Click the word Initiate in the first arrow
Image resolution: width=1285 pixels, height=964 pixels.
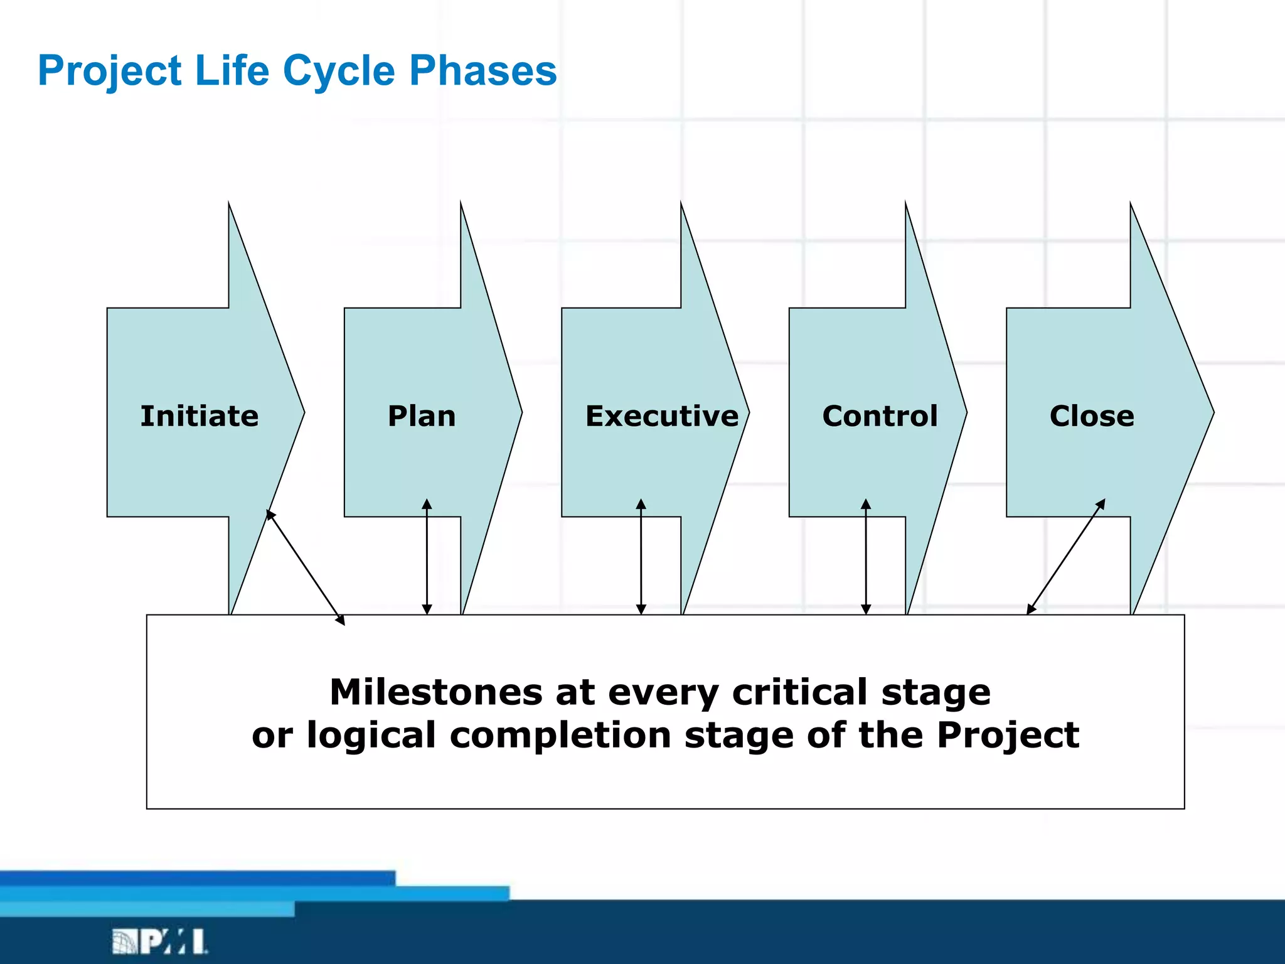[199, 416]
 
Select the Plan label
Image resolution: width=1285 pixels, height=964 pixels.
[422, 416]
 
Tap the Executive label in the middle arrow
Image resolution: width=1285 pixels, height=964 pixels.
[662, 416]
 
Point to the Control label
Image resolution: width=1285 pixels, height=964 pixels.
[880, 416]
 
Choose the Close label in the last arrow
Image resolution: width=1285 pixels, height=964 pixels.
[1092, 416]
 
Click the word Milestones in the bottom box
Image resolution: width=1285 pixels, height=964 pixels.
[435, 692]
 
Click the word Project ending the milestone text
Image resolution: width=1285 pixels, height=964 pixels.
[1008, 735]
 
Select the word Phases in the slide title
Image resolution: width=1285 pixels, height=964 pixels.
[483, 70]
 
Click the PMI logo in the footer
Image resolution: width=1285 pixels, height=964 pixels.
[160, 941]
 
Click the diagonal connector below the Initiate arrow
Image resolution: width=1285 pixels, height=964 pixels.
[306, 567]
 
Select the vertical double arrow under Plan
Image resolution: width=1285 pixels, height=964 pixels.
[427, 557]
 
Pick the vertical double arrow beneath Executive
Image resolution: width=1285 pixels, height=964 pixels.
[641, 557]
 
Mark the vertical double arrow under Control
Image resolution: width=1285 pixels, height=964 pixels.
[866, 557]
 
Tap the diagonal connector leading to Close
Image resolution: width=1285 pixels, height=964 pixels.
[1065, 557]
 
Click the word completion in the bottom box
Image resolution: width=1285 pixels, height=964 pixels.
[560, 735]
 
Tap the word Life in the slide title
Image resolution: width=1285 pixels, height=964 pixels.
[232, 70]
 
